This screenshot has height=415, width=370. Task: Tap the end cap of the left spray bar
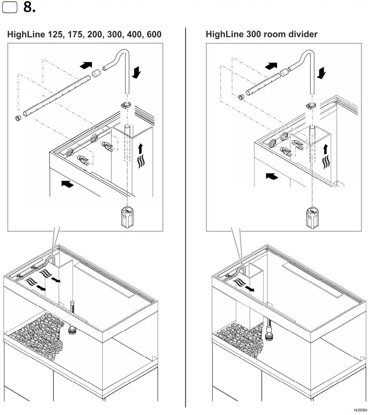tap(19, 119)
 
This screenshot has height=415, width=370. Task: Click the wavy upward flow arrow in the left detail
tap(141, 156)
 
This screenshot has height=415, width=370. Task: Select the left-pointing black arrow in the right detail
tap(271, 177)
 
